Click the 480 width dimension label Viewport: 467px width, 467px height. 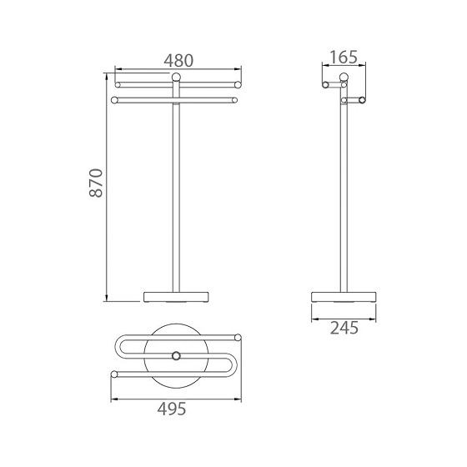tap(177, 60)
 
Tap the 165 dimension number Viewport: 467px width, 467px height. tap(343, 58)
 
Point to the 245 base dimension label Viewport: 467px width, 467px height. tap(343, 328)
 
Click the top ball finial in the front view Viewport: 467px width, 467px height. tap(175, 78)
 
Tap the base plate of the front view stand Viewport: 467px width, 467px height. tap(175, 296)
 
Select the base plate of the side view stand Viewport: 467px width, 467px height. tap(343, 296)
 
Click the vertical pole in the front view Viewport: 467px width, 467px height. tap(175, 192)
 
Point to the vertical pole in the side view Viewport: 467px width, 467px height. tap(343, 192)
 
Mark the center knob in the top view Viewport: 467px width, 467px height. tap(175, 356)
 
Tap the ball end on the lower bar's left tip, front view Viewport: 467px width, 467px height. tap(113, 101)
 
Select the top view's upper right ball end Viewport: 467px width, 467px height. tap(239, 338)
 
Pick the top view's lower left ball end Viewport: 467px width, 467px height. tap(113, 374)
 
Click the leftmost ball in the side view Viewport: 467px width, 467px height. tap(325, 83)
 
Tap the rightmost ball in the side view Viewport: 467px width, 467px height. tap(361, 101)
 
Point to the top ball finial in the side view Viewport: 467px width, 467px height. tap(343, 78)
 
